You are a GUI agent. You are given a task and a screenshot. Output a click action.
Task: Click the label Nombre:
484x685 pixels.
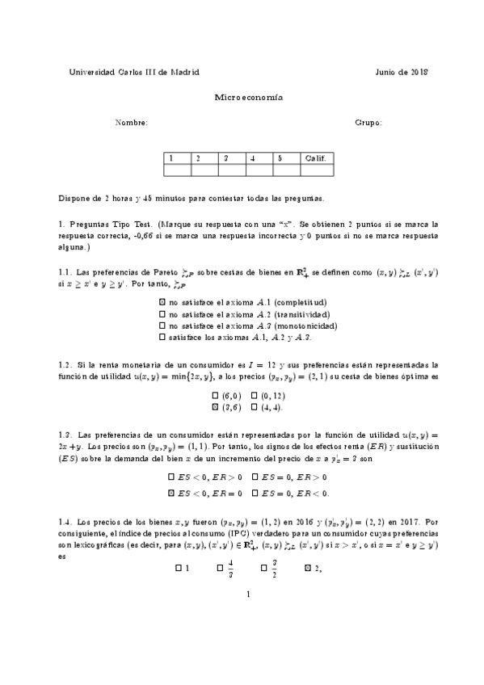tap(132, 123)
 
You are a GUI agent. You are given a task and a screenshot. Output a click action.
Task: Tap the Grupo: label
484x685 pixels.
tap(368, 123)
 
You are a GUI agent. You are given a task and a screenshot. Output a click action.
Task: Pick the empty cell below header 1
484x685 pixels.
tap(177, 170)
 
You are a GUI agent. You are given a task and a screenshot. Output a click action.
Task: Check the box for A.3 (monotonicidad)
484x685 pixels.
tap(163, 325)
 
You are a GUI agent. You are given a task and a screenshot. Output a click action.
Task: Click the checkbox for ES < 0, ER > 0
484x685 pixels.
tap(171, 477)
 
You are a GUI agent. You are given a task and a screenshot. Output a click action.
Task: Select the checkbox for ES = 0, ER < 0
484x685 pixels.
tap(256, 492)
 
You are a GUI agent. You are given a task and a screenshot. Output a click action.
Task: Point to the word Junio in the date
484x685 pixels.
tap(389, 71)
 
